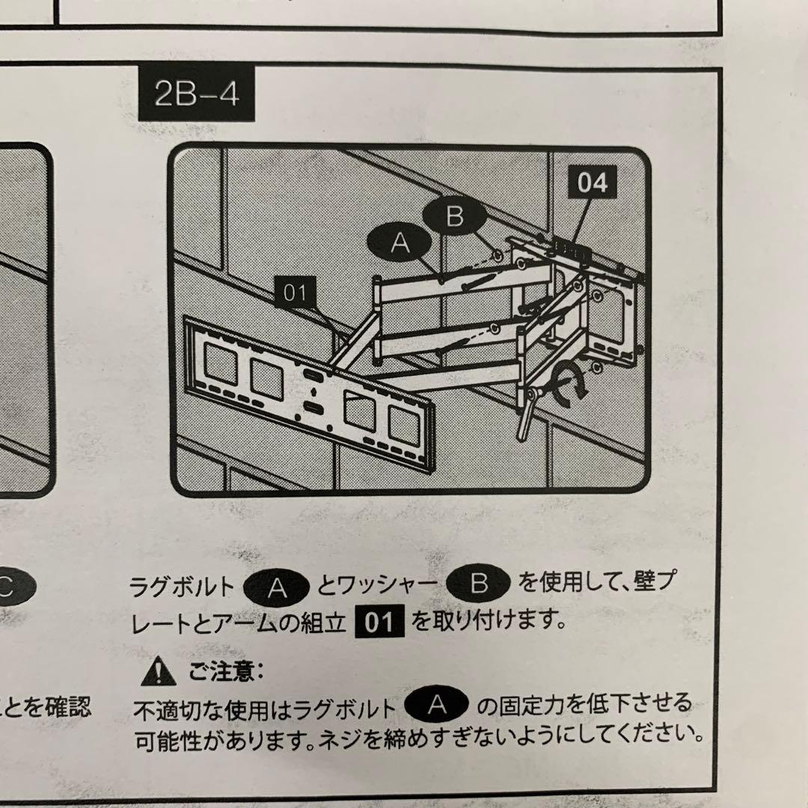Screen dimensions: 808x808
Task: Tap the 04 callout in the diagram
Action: pyautogui.click(x=592, y=183)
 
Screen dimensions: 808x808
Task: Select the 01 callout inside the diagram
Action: pyautogui.click(x=295, y=293)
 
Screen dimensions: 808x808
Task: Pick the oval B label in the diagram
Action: pyautogui.click(x=455, y=218)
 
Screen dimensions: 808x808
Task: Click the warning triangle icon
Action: pyautogui.click(x=158, y=673)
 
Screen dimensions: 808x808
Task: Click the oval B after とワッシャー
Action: pyautogui.click(x=478, y=584)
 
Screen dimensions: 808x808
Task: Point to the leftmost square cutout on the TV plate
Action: pyautogui.click(x=221, y=366)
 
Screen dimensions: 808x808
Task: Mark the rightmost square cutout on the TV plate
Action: pyautogui.click(x=405, y=425)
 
